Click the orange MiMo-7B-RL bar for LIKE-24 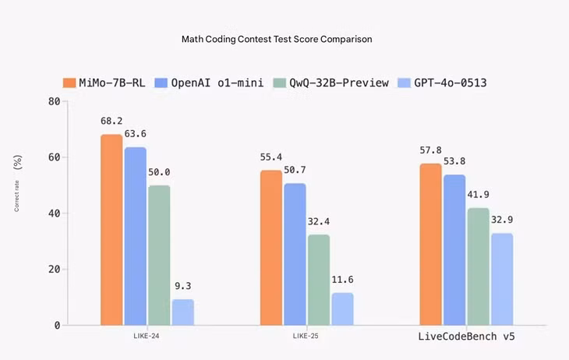click(x=111, y=230)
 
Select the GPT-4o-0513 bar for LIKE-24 click(x=183, y=312)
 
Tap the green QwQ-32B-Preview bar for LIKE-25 click(x=319, y=280)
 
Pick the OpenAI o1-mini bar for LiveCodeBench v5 click(x=454, y=250)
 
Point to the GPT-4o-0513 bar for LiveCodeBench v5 click(x=502, y=279)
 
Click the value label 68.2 click(x=111, y=121)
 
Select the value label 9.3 click(x=183, y=286)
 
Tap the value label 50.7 click(x=295, y=170)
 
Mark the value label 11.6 click(x=342, y=280)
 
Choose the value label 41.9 click(x=478, y=195)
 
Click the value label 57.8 click(x=430, y=150)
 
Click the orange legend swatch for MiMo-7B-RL click(x=69, y=83)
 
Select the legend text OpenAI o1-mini click(x=217, y=83)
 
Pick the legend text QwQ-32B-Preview click(x=339, y=83)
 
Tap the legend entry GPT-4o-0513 click(x=442, y=83)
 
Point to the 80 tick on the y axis click(x=54, y=101)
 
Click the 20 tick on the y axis click(x=54, y=270)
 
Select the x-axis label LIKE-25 click(x=306, y=336)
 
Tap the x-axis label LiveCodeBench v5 click(x=466, y=337)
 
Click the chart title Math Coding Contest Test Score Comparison click(x=277, y=39)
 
